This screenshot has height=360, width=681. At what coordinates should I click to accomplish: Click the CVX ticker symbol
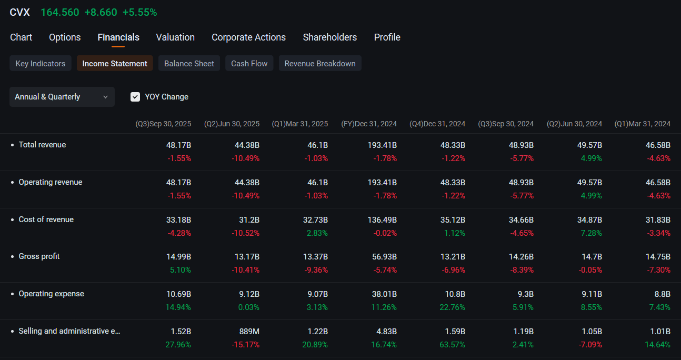[x=20, y=13]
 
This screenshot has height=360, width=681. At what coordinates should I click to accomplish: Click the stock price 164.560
[x=60, y=13]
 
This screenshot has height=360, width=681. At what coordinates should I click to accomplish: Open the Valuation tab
[x=175, y=37]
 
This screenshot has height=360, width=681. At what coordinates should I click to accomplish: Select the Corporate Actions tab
[x=249, y=37]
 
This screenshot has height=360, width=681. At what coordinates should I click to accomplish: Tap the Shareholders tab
[x=330, y=37]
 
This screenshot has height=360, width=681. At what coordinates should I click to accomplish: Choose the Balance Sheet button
[x=189, y=63]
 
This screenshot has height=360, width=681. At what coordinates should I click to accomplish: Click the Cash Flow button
[x=249, y=63]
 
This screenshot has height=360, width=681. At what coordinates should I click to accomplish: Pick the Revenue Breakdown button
[x=320, y=63]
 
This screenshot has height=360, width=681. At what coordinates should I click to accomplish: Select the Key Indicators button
[x=41, y=63]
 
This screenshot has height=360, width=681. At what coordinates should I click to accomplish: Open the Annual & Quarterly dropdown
[x=62, y=97]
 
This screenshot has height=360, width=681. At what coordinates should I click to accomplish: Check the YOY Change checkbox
[x=135, y=97]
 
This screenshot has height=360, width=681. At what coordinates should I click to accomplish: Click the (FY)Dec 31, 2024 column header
[x=369, y=124]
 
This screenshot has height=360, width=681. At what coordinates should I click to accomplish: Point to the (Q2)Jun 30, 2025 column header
[x=232, y=124]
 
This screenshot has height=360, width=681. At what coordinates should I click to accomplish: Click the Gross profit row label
[x=39, y=256]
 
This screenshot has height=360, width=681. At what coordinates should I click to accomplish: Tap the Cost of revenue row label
[x=46, y=219]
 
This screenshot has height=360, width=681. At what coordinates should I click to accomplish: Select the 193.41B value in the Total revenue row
[x=382, y=145]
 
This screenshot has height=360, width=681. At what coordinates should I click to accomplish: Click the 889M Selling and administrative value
[x=249, y=331]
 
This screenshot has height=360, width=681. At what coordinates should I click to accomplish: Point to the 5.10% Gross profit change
[x=181, y=270]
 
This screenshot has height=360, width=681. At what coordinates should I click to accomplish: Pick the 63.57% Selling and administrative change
[x=453, y=345]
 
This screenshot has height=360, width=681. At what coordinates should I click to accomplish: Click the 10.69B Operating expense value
[x=178, y=294]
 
